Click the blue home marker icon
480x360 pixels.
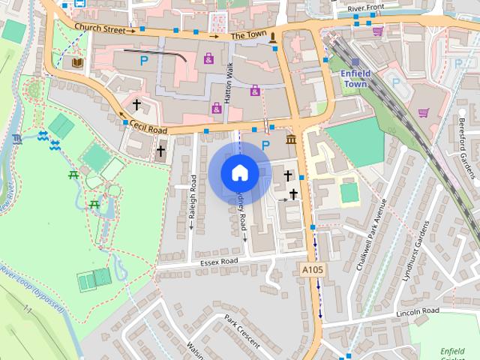(x=239, y=173)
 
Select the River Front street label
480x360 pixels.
(x=366, y=8)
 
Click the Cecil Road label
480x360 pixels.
(x=147, y=128)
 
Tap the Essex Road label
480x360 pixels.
(x=218, y=262)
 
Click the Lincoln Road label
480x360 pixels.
(x=418, y=310)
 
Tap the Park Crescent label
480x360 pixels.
(x=241, y=331)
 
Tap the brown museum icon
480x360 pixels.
(x=290, y=141)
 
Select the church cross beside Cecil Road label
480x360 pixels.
(x=161, y=151)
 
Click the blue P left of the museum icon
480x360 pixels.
(x=265, y=145)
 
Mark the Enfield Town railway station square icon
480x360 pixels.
(x=355, y=64)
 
